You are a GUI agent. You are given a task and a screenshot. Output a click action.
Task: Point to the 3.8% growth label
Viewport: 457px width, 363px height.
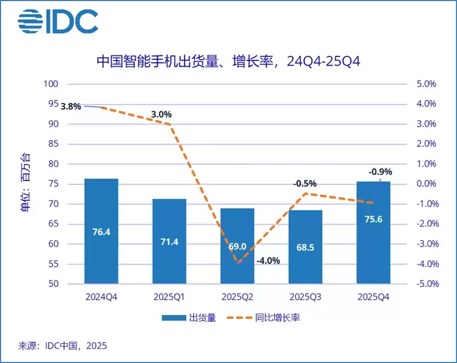pyautogui.click(x=71, y=106)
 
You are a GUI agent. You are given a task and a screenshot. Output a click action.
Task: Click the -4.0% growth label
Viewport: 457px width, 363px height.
pyautogui.click(x=268, y=261)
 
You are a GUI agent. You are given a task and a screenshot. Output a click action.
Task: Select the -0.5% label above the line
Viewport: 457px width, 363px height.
pyautogui.click(x=305, y=184)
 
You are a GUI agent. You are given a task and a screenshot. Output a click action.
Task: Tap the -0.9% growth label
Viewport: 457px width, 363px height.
pyautogui.click(x=380, y=172)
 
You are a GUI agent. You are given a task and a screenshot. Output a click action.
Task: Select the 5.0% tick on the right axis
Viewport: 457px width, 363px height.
pyautogui.click(x=426, y=84)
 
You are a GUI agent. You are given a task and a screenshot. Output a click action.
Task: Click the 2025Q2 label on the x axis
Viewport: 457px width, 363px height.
pyautogui.click(x=237, y=296)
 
